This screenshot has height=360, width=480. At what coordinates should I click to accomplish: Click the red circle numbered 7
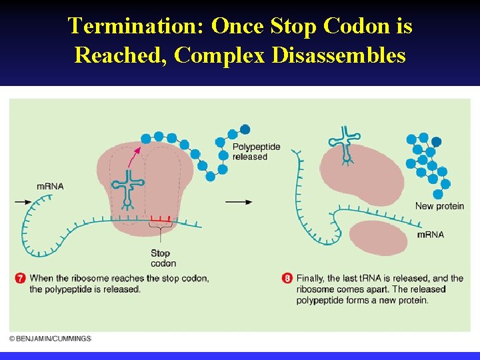pyautogui.click(x=21, y=279)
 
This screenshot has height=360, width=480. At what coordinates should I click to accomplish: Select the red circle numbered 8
pyautogui.click(x=287, y=279)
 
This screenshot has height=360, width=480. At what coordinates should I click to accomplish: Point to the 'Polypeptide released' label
pyautogui.click(x=256, y=152)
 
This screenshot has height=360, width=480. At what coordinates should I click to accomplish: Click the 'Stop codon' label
pyautogui.click(x=161, y=258)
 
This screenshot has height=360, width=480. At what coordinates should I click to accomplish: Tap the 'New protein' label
pyautogui.click(x=439, y=206)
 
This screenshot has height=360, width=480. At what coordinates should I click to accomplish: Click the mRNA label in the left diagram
pyautogui.click(x=50, y=186)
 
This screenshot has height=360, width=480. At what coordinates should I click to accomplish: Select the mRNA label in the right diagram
pyautogui.click(x=430, y=235)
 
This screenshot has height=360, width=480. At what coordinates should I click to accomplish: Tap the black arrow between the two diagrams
pyautogui.click(x=238, y=201)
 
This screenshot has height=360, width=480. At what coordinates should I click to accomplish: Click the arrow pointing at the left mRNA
pyautogui.click(x=23, y=201)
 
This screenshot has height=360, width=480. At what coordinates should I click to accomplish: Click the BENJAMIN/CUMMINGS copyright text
pyautogui.click(x=50, y=339)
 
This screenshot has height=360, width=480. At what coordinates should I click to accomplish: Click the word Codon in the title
pyautogui.click(x=348, y=26)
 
